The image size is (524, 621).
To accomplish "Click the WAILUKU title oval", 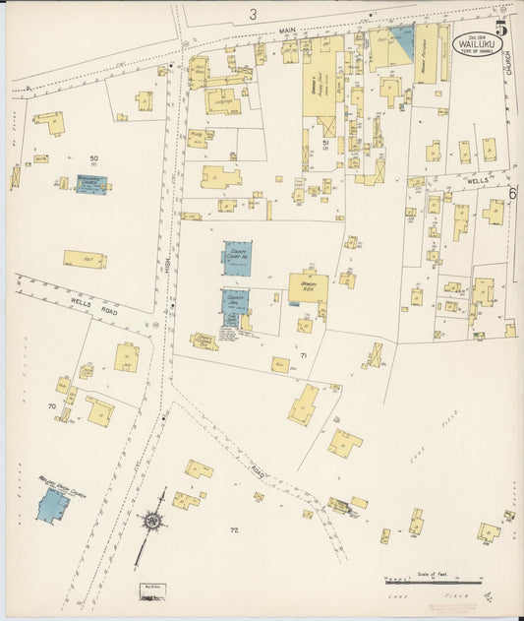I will (x=474, y=44).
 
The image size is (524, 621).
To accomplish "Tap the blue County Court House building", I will (x=237, y=258).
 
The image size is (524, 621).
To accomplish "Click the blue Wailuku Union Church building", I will (x=52, y=505).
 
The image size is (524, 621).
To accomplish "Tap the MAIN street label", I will (x=287, y=31).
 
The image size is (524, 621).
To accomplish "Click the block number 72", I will (x=234, y=531).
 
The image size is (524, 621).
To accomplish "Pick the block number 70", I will (x=50, y=405).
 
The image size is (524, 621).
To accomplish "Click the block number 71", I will (x=304, y=355).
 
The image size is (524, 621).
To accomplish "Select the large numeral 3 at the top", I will (x=253, y=14).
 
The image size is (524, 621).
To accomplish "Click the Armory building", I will (x=308, y=286).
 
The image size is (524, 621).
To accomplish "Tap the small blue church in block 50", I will (x=93, y=184).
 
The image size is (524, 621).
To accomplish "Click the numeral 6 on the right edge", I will (x=513, y=194).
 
